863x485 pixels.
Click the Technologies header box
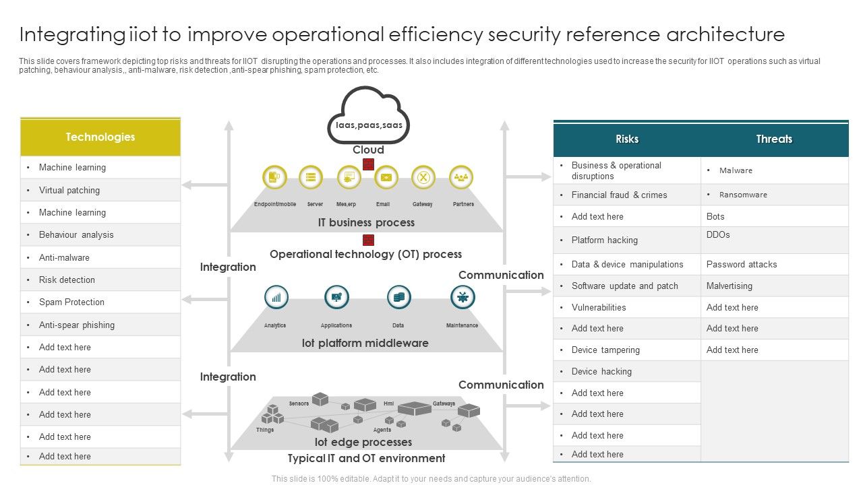(x=100, y=137)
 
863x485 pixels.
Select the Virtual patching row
(x=100, y=190)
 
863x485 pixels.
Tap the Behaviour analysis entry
(x=100, y=235)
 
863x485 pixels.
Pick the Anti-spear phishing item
(x=100, y=325)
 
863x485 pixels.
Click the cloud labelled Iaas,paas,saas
(x=368, y=118)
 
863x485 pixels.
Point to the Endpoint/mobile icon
(x=274, y=178)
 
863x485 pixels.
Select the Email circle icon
(x=386, y=178)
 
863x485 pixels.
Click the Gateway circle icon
(x=423, y=178)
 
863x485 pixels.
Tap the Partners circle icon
(x=461, y=178)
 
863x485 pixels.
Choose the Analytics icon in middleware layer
(x=276, y=297)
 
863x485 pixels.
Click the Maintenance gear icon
(x=463, y=297)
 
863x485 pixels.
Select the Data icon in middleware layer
(x=399, y=297)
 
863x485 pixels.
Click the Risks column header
(x=626, y=139)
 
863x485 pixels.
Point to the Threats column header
(x=774, y=139)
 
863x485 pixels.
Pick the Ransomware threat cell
(x=774, y=195)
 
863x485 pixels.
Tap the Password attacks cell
(x=774, y=264)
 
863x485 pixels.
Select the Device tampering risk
(x=626, y=350)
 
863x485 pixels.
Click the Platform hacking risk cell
(x=626, y=240)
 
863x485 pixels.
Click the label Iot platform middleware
(x=365, y=344)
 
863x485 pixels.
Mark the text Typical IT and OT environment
(x=366, y=459)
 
